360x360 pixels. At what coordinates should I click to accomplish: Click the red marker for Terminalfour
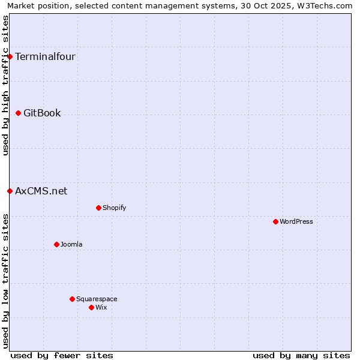[10, 57]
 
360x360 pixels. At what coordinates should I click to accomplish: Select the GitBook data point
[19, 113]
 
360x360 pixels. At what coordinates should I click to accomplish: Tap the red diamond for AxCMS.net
[10, 191]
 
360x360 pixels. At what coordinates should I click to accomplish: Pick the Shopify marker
[98, 208]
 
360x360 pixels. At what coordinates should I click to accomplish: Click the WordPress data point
[275, 222]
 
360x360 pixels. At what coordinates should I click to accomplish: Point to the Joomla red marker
[57, 244]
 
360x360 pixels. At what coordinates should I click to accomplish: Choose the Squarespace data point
[72, 299]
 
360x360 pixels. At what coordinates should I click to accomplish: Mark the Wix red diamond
[91, 307]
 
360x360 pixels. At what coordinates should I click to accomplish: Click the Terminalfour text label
[45, 57]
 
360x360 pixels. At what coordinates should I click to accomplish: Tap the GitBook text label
[42, 113]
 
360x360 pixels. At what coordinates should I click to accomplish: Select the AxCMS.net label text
[41, 191]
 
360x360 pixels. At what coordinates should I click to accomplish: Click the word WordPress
[296, 222]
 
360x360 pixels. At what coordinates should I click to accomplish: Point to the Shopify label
[114, 208]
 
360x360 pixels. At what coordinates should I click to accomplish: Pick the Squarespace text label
[97, 299]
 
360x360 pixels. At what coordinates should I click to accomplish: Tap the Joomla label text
[71, 244]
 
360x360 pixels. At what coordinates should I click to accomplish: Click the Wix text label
[101, 307]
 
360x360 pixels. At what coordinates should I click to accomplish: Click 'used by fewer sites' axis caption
[62, 355]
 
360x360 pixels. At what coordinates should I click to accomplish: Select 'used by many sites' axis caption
[301, 355]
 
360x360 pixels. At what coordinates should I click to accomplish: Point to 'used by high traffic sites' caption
[5, 85]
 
